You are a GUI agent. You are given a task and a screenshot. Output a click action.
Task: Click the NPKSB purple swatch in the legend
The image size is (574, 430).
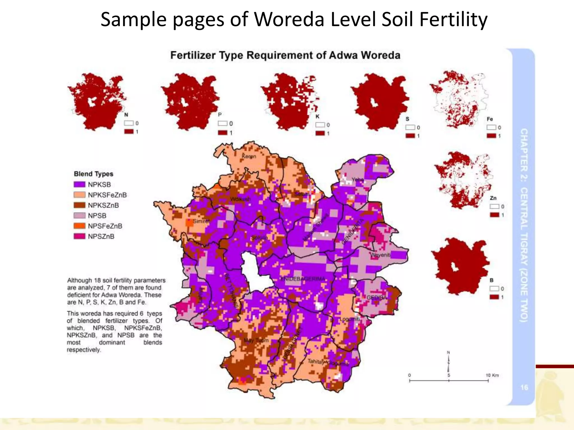pos(79,184)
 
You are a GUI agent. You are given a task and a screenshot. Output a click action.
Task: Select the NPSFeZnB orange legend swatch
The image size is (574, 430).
pos(79,226)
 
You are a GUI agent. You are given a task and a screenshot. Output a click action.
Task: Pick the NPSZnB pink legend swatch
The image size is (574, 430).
pos(79,236)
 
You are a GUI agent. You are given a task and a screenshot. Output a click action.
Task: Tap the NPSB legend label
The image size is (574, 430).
pos(97,216)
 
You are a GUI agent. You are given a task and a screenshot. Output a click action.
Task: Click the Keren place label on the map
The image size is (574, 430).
pos(249,156)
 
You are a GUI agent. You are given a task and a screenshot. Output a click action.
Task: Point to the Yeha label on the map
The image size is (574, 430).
pos(358,179)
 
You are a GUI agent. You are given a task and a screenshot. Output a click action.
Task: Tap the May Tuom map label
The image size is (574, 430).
pos(256,340)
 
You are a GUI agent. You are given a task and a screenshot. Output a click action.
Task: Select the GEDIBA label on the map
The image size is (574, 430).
pos(377,298)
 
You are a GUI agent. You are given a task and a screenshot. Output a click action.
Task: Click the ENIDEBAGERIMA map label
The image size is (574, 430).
pos(303,279)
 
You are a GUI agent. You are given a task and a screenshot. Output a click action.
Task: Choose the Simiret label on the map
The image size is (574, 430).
pos(201,221)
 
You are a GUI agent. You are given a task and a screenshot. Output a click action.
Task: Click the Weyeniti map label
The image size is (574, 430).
pos(380,255)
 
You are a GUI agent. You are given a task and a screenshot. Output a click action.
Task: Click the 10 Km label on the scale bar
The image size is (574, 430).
pos(492,375)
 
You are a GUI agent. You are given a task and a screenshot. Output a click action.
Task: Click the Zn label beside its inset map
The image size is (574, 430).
pos(493,198)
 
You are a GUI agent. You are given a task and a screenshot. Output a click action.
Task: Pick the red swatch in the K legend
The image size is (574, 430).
pos(320,133)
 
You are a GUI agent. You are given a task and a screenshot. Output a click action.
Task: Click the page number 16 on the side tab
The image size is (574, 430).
pos(524,387)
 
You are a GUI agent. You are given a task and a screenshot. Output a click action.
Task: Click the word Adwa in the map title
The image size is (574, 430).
pos(343,55)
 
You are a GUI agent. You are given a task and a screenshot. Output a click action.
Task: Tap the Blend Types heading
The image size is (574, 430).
pos(94,174)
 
